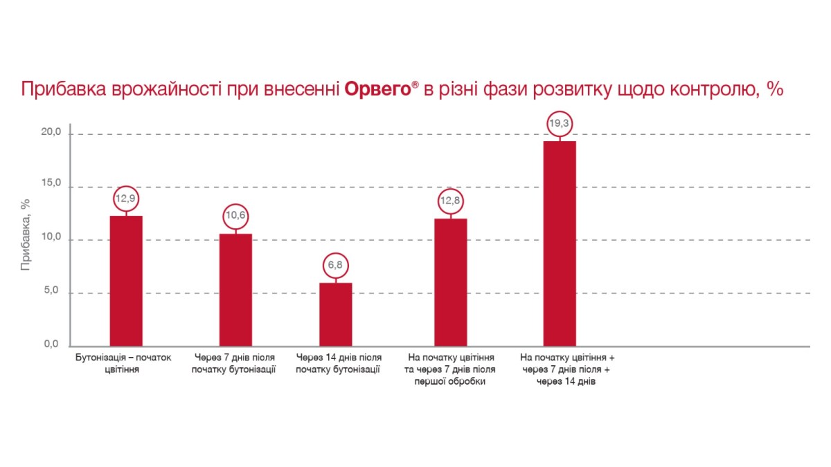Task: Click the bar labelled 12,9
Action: (126, 280)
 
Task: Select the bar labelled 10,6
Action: (235, 289)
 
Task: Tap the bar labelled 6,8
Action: (336, 313)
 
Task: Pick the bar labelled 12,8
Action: (450, 282)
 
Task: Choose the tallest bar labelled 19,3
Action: (560, 243)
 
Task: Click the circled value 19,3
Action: (560, 123)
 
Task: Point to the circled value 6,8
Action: (336, 266)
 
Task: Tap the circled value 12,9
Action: (126, 199)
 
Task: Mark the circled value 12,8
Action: (450, 201)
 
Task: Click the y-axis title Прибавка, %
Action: (26, 235)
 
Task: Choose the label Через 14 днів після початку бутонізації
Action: (338, 363)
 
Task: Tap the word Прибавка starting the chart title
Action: (64, 90)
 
